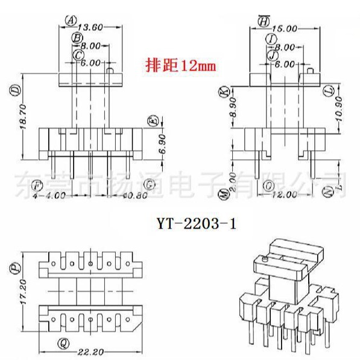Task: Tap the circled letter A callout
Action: [x=71, y=19]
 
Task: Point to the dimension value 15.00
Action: [x=285, y=28]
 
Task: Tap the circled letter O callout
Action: [x=268, y=185]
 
